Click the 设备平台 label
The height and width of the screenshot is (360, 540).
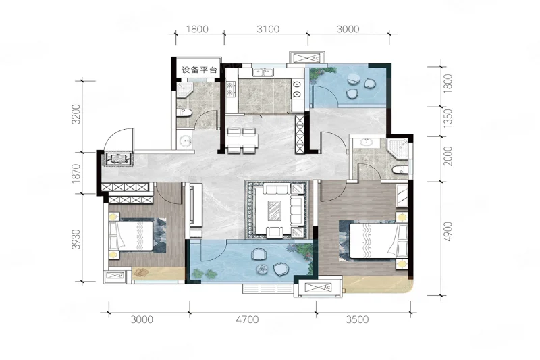[x=199, y=70]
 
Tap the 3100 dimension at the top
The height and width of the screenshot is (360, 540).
[x=268, y=29]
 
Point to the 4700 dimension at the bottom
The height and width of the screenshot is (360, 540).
[x=247, y=319]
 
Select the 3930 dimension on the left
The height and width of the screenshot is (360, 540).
[x=76, y=239]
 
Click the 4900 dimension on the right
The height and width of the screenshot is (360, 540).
[x=448, y=232]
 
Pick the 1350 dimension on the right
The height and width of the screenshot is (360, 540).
[x=448, y=118]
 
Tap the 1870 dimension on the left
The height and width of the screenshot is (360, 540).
[x=76, y=174]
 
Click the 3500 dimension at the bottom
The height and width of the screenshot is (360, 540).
[x=357, y=319]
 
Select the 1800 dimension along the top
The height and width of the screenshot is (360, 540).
[x=197, y=29]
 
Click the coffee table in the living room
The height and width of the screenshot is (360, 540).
[x=275, y=210]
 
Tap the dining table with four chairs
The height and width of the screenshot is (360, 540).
[x=242, y=140]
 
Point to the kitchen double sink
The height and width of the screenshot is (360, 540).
[x=263, y=72]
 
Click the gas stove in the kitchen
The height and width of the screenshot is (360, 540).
[x=230, y=88]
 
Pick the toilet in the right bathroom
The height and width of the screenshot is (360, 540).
[x=400, y=170]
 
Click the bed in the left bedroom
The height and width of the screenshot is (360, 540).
[x=131, y=236]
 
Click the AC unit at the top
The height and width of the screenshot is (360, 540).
[x=306, y=57]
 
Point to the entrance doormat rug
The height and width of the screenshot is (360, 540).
[x=117, y=159]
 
